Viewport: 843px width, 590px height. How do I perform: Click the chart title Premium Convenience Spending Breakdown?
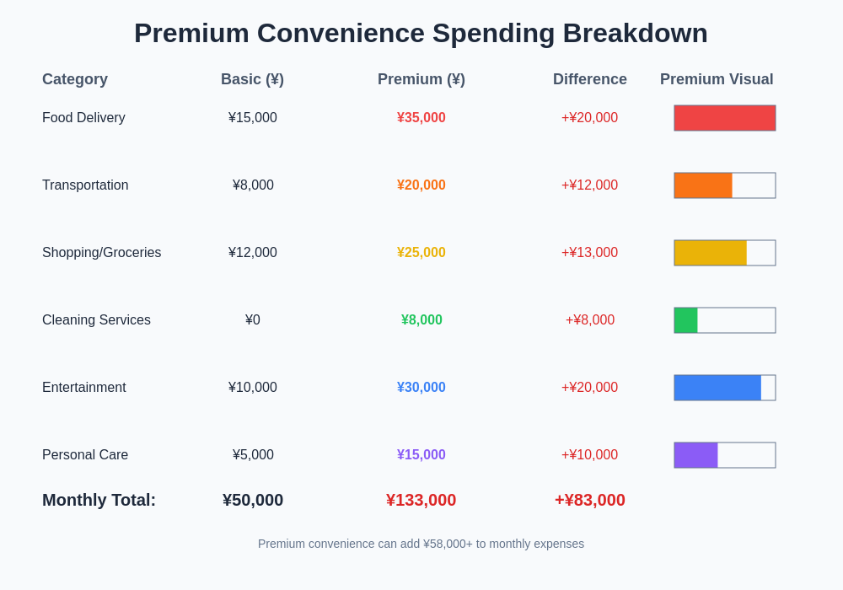pos(421,33)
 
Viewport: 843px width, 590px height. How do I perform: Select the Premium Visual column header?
pos(717,79)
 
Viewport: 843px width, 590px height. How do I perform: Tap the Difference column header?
pos(590,79)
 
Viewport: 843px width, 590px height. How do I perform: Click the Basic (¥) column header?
pos(252,79)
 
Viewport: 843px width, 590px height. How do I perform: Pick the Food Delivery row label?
pos(83,118)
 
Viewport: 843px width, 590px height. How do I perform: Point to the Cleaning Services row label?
pos(96,320)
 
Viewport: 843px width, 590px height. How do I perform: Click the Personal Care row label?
pos(85,455)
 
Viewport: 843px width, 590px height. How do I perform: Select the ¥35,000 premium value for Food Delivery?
pos(421,118)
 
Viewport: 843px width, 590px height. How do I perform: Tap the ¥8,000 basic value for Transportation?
pos(253,185)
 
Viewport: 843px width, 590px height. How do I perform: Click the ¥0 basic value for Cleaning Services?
pos(253,320)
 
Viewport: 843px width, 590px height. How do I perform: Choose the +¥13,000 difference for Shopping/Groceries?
pos(590,253)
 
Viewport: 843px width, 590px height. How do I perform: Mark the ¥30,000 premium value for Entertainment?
pos(421,388)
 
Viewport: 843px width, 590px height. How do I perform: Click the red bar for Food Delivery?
pos(725,118)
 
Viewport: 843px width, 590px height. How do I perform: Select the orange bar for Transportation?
pos(703,185)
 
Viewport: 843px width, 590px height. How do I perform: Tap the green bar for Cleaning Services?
pos(685,320)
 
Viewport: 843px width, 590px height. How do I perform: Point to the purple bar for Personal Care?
pos(695,455)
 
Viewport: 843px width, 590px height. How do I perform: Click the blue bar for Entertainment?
pos(717,388)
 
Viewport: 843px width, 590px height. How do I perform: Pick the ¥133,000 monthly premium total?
pos(421,500)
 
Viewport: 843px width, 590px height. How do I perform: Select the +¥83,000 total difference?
pos(590,500)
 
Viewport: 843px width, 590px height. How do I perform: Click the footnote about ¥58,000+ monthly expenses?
pos(421,544)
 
